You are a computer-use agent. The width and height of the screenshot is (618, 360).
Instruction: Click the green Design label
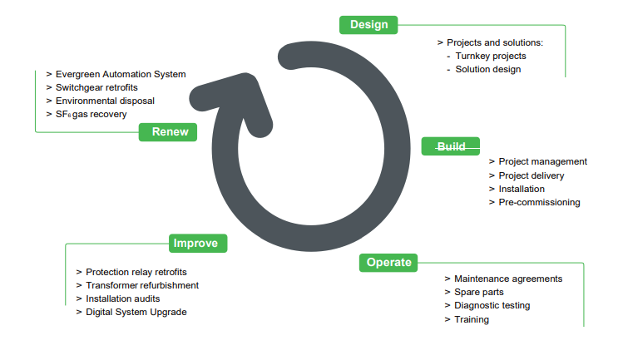point(368,25)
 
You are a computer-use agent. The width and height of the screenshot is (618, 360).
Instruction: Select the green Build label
point(451,146)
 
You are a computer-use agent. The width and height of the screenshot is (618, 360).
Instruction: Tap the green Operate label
point(388,263)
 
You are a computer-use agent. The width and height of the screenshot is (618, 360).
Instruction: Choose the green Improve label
point(198,244)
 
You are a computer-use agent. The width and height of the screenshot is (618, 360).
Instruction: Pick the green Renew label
point(170,131)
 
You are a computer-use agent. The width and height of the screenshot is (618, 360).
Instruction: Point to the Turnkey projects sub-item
point(491,56)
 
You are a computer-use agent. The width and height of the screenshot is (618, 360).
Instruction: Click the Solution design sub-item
point(488,69)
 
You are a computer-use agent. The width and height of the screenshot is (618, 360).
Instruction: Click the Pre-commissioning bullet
point(539,202)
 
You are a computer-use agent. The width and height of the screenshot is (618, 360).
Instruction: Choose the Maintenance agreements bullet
point(508,279)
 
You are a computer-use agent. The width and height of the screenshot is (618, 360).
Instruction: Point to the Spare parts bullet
point(479,292)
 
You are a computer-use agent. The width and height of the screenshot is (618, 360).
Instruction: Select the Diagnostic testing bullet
point(492,305)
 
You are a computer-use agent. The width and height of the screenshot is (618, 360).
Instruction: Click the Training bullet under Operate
point(472,319)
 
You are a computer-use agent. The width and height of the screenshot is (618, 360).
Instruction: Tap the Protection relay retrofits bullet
point(136,272)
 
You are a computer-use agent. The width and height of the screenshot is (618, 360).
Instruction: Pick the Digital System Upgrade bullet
point(136,312)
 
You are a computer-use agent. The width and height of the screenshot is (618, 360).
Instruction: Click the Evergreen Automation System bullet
point(121,74)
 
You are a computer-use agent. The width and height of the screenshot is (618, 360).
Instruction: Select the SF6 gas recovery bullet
point(91,114)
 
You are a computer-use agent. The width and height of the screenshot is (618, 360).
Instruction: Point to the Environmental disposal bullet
point(105,101)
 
